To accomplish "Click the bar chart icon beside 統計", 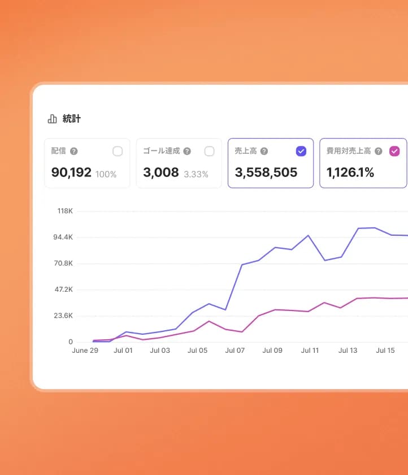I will click(53, 119).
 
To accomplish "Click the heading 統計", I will click(72, 119).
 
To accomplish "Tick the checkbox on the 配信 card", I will click(118, 151).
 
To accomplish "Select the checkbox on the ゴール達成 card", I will click(209, 151).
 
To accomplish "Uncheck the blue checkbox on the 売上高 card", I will click(301, 151).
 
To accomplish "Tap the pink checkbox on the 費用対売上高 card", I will click(394, 151).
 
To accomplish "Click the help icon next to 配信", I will click(74, 152).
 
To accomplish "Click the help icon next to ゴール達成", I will click(187, 152).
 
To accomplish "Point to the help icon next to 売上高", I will click(264, 152).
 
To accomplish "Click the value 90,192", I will click(71, 172).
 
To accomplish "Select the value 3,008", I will click(161, 172).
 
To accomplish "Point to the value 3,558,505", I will click(266, 172).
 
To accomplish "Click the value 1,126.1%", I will click(350, 172).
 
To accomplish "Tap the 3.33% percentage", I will click(196, 174).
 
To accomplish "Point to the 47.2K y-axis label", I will click(63, 290).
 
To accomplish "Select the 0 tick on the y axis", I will click(71, 342).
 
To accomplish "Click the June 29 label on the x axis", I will click(85, 351).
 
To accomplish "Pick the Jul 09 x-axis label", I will click(272, 351).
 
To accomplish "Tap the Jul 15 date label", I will click(385, 351).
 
